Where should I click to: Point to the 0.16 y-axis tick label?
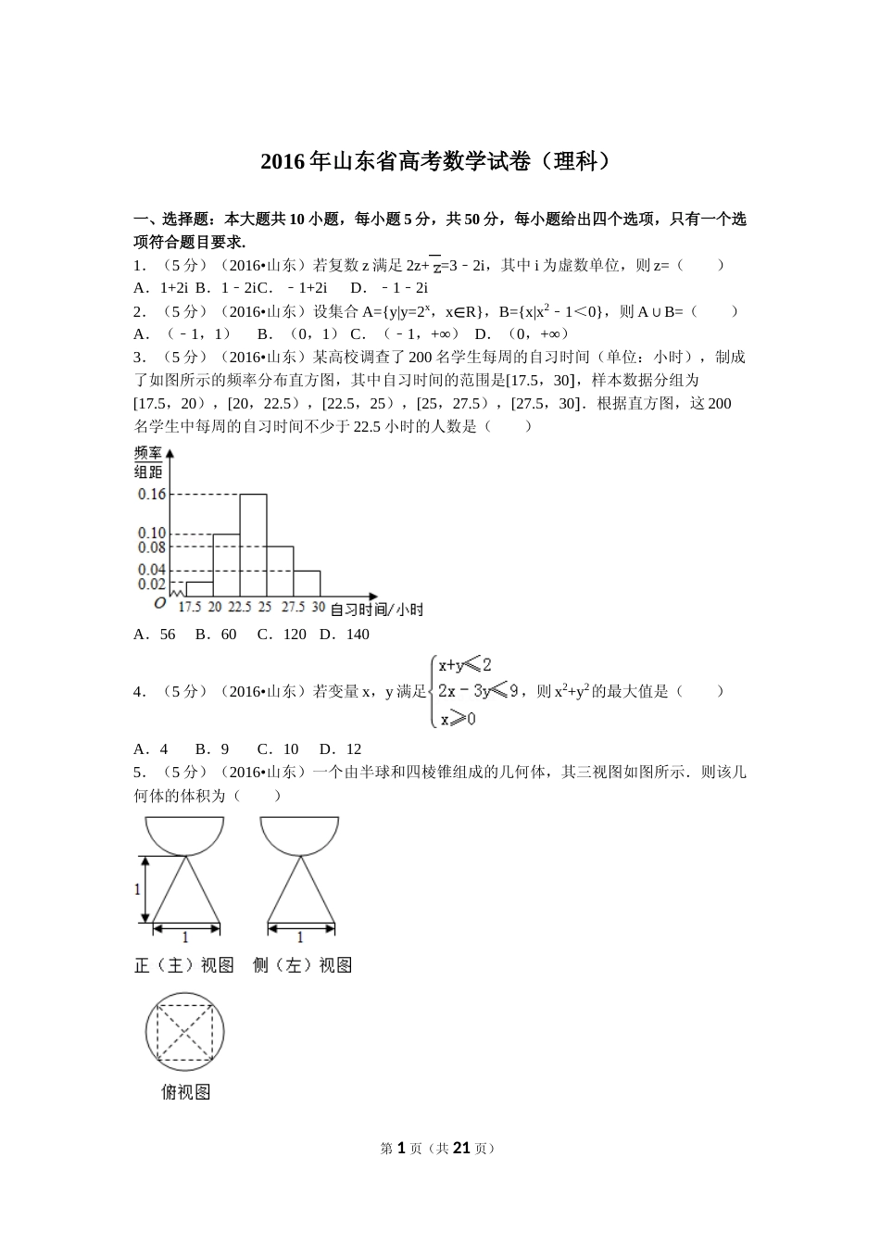[x=151, y=494]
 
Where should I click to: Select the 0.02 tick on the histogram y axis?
[x=151, y=584]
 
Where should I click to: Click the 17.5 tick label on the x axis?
[x=189, y=607]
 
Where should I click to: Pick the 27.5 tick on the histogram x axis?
[x=294, y=607]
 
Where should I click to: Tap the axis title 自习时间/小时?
[x=376, y=609]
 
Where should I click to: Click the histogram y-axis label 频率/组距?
[x=148, y=461]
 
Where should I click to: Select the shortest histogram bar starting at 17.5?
[x=199, y=589]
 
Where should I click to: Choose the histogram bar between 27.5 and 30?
[x=307, y=584]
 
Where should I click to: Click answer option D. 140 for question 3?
[x=344, y=635]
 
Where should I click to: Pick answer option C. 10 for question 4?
[x=278, y=748]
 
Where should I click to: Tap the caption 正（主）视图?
[x=183, y=965]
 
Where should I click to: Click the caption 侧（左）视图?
[x=302, y=965]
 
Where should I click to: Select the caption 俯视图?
[x=185, y=1092]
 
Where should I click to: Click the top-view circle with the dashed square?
[x=185, y=1031]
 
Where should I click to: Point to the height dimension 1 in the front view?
[x=138, y=889]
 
